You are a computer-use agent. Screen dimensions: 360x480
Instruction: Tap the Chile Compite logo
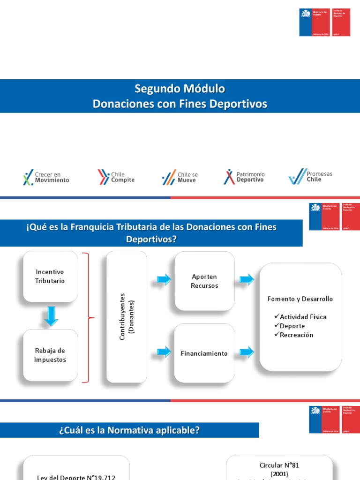click(x=116, y=177)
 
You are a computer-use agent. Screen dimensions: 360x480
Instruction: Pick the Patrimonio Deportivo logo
click(x=244, y=177)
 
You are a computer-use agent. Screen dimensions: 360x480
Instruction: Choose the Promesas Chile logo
click(x=310, y=177)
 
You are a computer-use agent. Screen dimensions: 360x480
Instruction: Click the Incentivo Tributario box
click(x=50, y=277)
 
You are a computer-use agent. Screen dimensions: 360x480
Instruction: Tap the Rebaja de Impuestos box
click(x=50, y=355)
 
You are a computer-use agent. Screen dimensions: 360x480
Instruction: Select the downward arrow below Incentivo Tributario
click(x=51, y=316)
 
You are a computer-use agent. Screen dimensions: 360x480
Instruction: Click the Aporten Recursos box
click(x=204, y=281)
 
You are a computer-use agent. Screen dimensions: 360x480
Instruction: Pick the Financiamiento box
click(x=204, y=353)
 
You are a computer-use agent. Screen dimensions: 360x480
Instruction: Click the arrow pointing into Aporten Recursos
click(x=164, y=280)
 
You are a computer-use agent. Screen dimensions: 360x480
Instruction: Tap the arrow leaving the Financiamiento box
click(x=247, y=352)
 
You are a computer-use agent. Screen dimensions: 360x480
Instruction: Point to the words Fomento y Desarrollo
click(x=300, y=299)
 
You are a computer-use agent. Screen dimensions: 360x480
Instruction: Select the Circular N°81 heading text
click(x=279, y=465)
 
